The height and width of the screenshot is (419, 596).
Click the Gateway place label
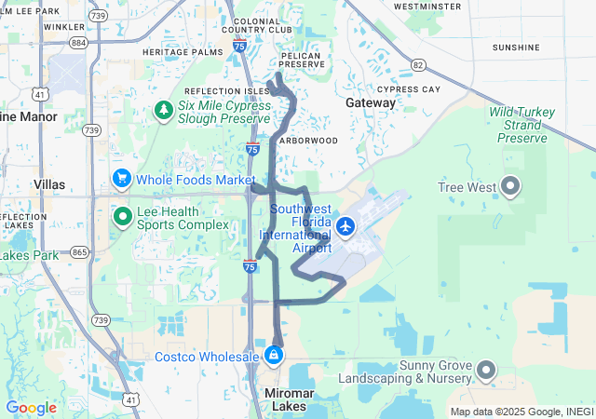click(370, 101)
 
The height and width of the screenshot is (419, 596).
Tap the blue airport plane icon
click(345, 225)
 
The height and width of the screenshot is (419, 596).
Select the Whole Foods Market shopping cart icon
click(121, 178)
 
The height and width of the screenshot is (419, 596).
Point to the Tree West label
click(467, 187)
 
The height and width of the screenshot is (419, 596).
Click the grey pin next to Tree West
click(510, 186)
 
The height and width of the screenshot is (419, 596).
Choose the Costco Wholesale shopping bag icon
click(273, 356)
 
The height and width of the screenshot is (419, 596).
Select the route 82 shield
click(417, 64)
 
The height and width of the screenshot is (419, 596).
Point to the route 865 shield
click(79, 252)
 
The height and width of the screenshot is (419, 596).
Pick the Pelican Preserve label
click(301, 61)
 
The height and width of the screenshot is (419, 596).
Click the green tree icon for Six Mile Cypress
click(164, 112)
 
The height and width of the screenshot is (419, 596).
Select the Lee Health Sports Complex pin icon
click(121, 217)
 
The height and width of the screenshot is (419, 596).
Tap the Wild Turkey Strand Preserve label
click(522, 125)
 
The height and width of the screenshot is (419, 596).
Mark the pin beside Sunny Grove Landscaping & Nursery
click(486, 372)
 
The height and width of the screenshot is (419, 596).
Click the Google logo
click(31, 408)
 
